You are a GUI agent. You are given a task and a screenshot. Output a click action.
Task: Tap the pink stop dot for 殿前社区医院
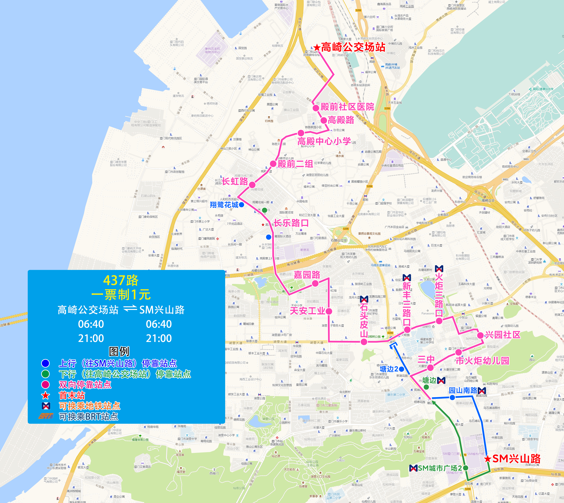(x=316, y=108)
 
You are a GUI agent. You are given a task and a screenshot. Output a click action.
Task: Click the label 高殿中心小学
(x=324, y=141)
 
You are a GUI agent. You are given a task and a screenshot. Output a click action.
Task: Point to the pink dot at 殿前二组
(x=273, y=164)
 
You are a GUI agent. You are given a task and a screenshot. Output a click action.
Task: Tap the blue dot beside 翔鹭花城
(x=241, y=205)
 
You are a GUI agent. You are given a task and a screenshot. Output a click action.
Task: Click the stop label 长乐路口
(x=291, y=223)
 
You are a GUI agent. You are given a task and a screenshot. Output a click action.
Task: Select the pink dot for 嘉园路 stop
(x=315, y=283)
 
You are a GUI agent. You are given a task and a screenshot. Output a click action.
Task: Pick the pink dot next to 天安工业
(x=329, y=311)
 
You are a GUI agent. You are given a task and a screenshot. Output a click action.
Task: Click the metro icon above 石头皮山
(x=364, y=299)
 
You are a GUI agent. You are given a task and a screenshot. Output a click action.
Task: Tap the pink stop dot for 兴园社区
(x=480, y=335)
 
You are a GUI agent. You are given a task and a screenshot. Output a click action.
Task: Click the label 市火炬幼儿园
(x=482, y=361)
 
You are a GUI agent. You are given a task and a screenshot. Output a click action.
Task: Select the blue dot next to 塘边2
(x=402, y=369)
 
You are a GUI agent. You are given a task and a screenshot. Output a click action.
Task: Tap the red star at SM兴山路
(x=488, y=459)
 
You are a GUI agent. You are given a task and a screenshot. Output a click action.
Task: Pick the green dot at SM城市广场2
(x=466, y=468)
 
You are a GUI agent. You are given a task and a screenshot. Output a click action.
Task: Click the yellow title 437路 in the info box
(x=121, y=280)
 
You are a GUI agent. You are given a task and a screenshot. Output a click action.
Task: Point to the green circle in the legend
(x=45, y=374)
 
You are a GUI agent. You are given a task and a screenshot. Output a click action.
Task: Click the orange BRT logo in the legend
(x=45, y=416)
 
